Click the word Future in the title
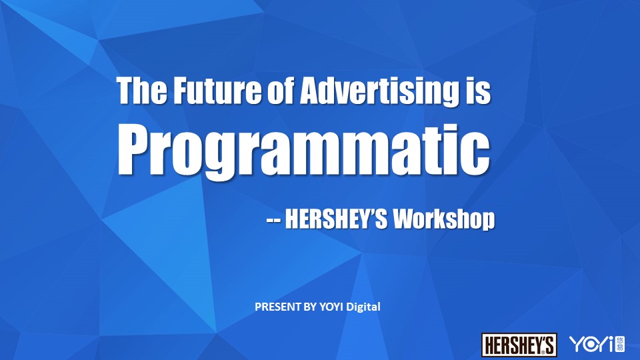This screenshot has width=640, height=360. tap(217, 90)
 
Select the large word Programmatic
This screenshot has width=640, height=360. tap(304, 151)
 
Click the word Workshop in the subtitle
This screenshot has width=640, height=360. tap(443, 219)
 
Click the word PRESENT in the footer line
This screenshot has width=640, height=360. tap(278, 307)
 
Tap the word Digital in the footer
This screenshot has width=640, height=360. tap(363, 307)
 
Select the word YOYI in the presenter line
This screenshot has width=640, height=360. tap(331, 307)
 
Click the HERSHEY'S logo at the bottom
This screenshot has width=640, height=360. tap(519, 345)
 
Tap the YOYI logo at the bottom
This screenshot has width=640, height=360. tap(597, 344)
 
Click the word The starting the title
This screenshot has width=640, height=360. tap(142, 90)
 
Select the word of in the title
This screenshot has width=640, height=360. tap(281, 90)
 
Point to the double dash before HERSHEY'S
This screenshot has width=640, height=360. tap(273, 221)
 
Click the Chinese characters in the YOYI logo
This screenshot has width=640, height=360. tap(620, 344)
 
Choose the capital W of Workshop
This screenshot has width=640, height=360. tap(405, 219)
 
